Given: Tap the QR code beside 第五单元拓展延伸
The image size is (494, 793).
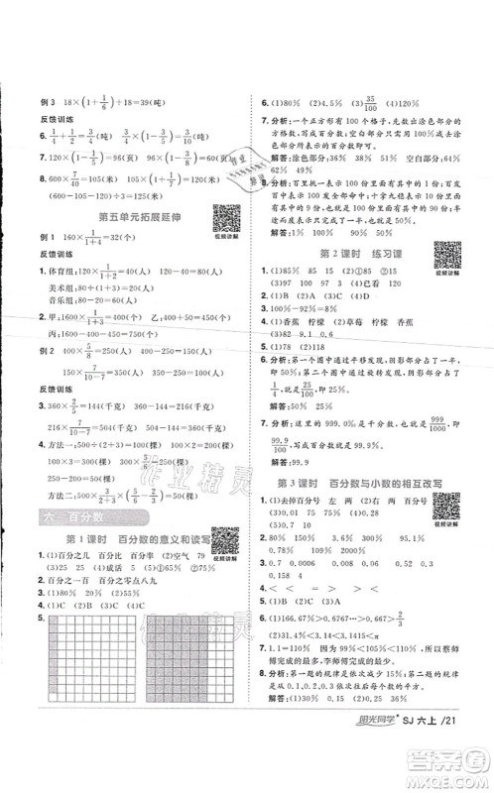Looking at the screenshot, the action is pyautogui.click(x=223, y=217).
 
